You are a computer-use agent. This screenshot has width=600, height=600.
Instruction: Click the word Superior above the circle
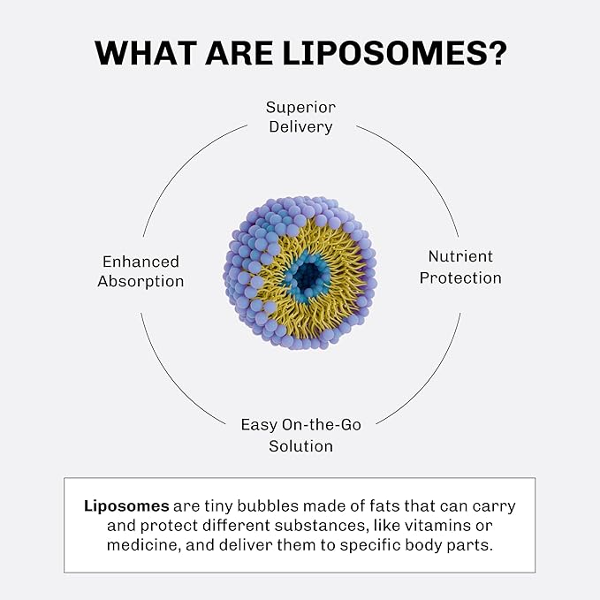300,107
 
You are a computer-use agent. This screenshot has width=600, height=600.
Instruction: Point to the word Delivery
300,127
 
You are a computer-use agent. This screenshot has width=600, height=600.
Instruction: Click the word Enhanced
141,262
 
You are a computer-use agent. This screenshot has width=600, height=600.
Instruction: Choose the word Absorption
141,282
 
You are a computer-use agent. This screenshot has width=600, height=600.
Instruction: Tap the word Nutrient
459,257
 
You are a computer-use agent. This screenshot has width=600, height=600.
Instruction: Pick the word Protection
459,277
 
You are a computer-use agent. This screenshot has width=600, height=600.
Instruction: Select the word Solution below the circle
300,445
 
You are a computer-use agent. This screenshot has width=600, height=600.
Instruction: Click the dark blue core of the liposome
308,277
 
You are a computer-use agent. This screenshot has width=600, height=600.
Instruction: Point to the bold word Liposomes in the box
126,506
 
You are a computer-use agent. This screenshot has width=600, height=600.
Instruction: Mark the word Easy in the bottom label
260,425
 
